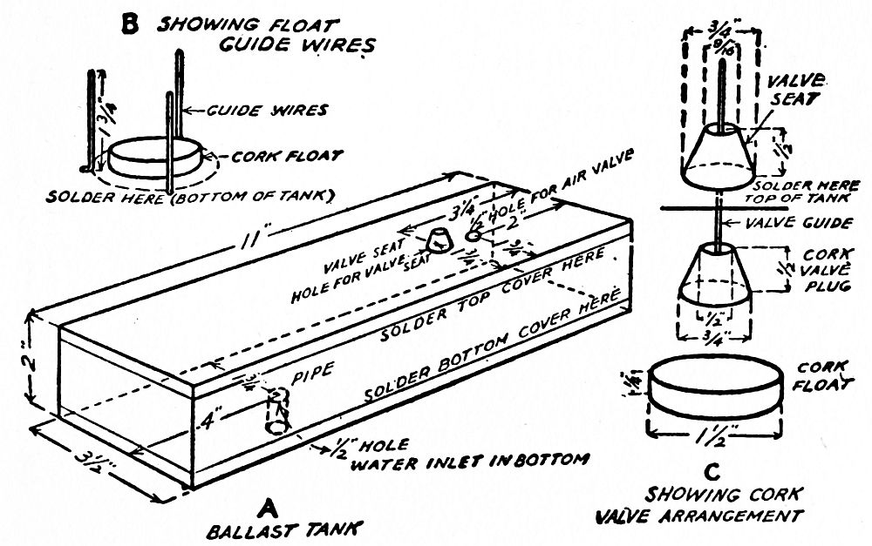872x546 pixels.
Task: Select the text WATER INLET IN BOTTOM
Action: coord(468,459)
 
